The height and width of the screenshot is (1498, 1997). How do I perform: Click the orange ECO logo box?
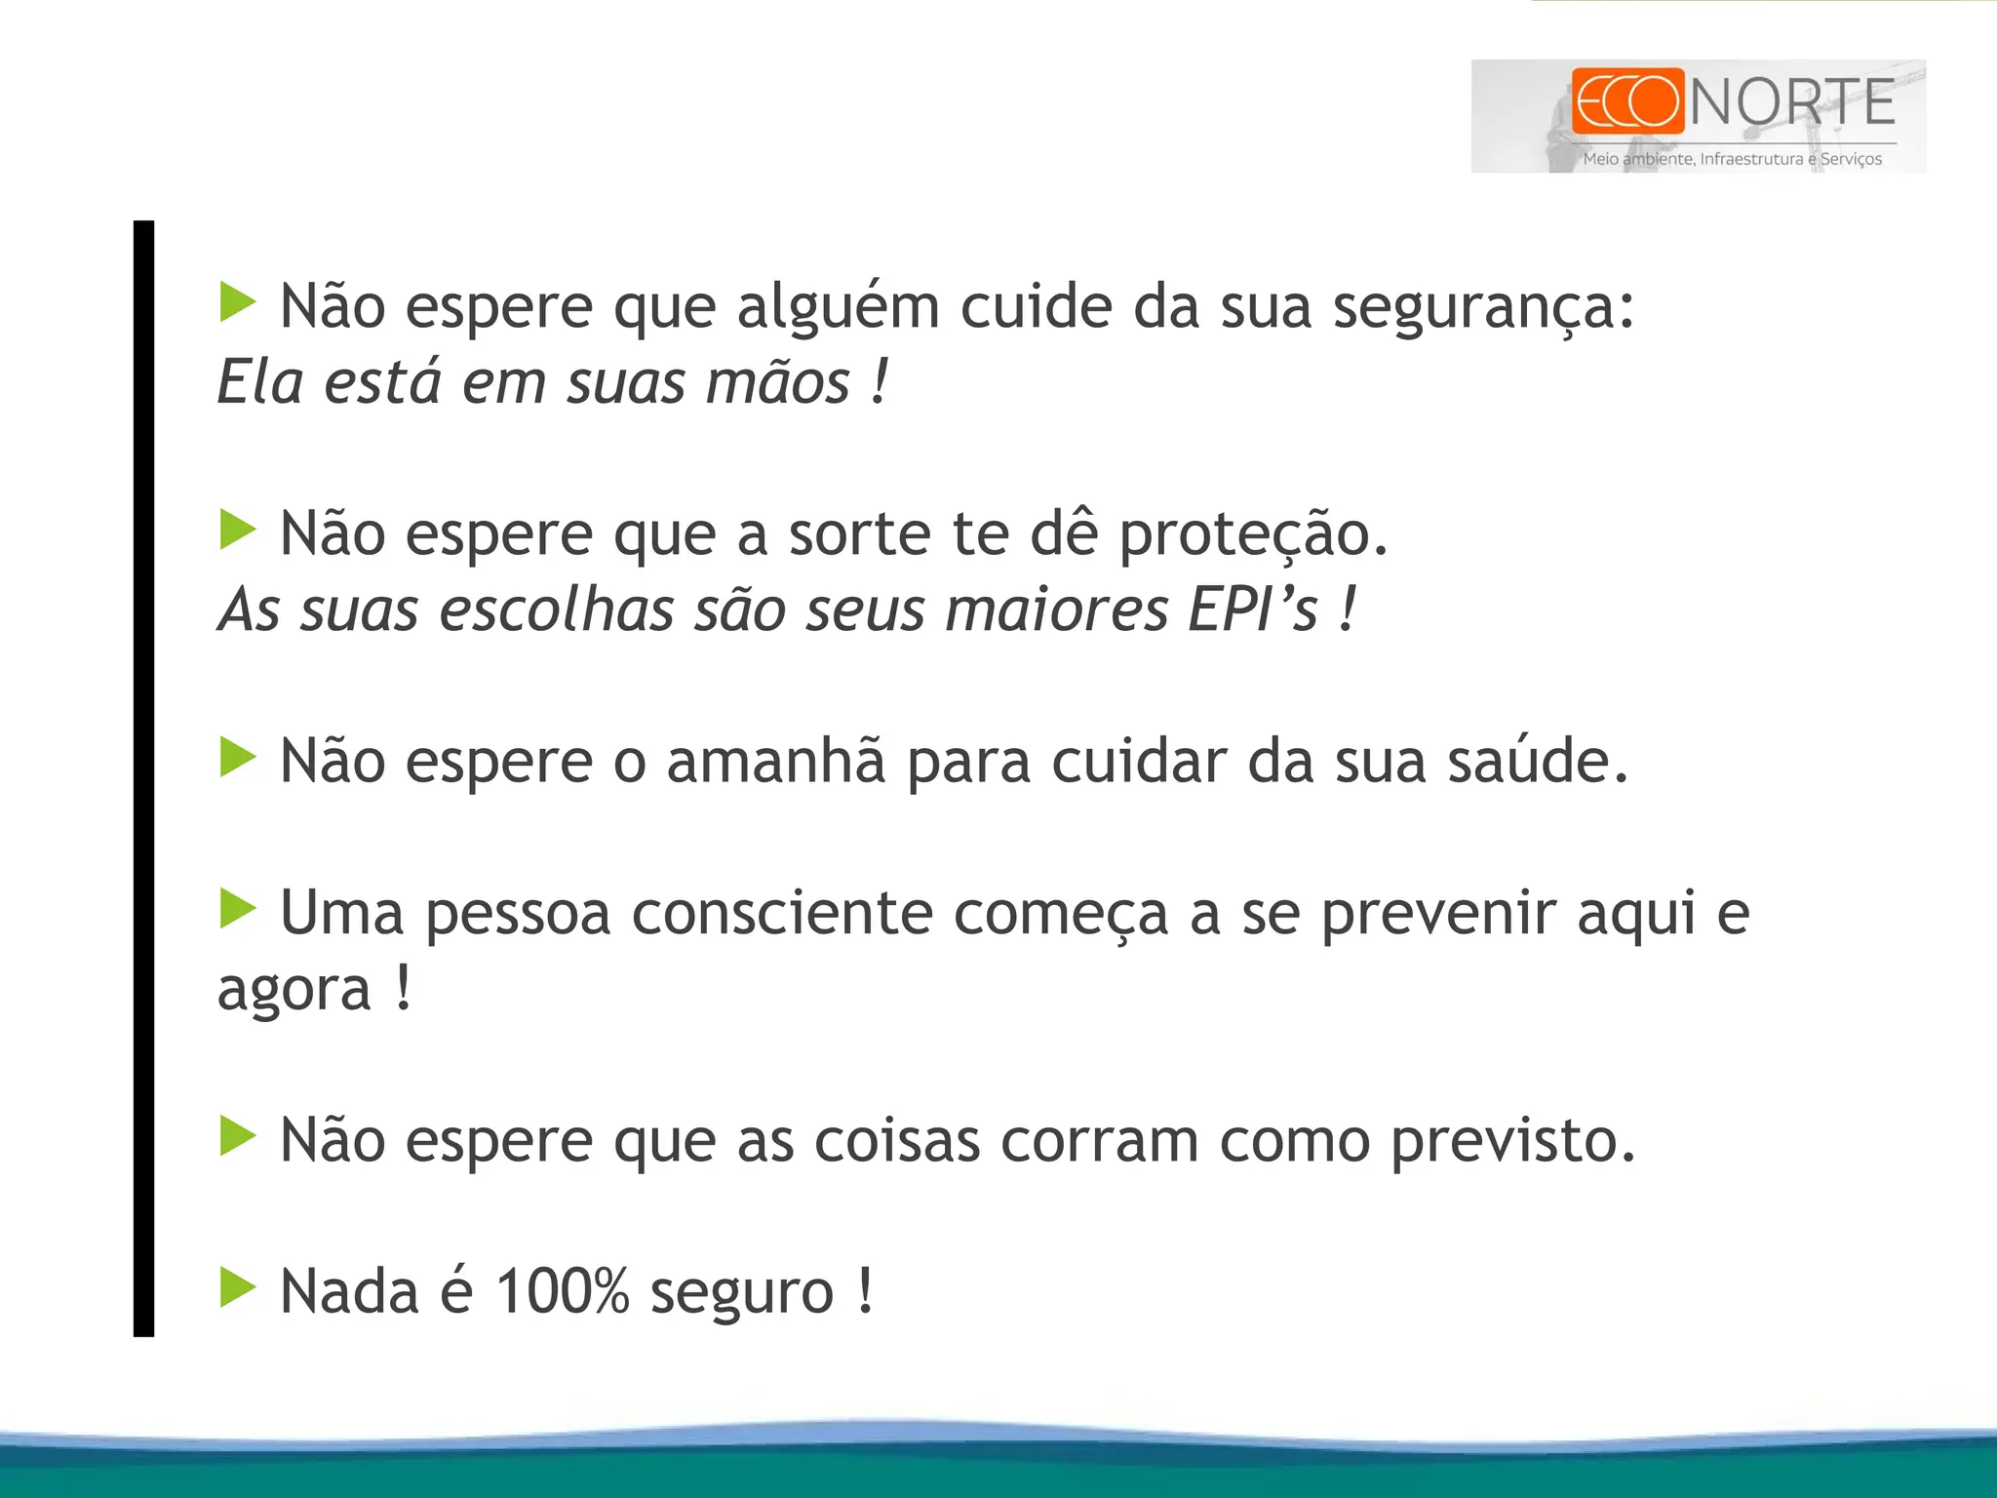(1627, 100)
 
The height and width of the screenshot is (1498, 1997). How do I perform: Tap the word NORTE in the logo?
(1792, 102)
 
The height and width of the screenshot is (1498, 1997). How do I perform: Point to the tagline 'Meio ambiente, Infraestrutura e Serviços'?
(1732, 159)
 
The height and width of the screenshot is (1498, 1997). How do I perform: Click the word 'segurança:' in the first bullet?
(1483, 308)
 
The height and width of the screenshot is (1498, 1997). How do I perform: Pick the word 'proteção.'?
(1253, 536)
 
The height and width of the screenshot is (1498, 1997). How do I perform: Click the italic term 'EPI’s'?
(1253, 611)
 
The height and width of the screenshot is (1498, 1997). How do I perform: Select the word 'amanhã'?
(776, 762)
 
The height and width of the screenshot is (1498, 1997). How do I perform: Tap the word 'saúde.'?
(1538, 762)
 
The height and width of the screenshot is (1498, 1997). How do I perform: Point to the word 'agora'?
(294, 992)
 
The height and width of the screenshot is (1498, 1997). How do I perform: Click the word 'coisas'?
(896, 1141)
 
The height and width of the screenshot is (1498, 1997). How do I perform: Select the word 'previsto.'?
(1512, 1141)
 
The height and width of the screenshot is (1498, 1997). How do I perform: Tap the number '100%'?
(562, 1292)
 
